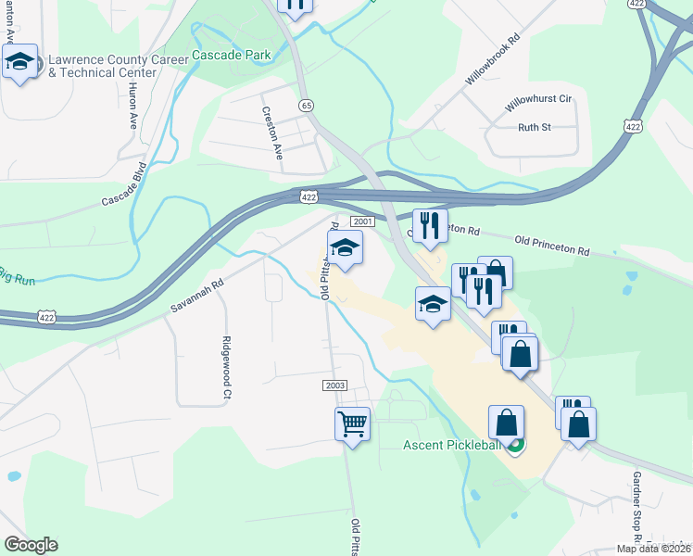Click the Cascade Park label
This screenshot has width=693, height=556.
(232, 55)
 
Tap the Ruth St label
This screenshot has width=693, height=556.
(535, 127)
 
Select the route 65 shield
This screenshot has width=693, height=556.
(306, 106)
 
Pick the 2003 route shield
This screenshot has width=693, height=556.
(335, 385)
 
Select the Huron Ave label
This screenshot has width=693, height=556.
(132, 109)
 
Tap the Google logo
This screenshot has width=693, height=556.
(31, 545)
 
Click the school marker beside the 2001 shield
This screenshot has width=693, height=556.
(345, 248)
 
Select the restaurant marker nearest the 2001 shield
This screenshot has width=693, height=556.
(429, 225)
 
